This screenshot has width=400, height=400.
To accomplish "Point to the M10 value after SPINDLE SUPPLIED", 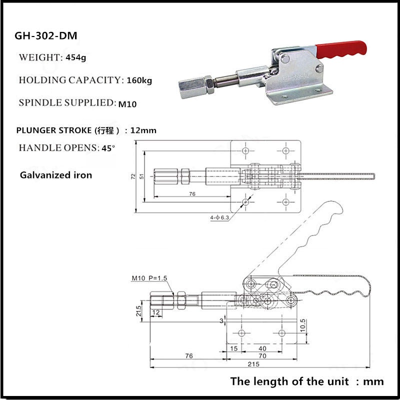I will [x=127, y=104].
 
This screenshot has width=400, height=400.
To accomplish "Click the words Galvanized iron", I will [x=56, y=175].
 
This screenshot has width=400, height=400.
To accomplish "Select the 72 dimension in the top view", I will [x=133, y=176].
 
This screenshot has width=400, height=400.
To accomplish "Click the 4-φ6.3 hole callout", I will [x=218, y=217].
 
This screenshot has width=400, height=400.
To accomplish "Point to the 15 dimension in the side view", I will [x=234, y=348].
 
